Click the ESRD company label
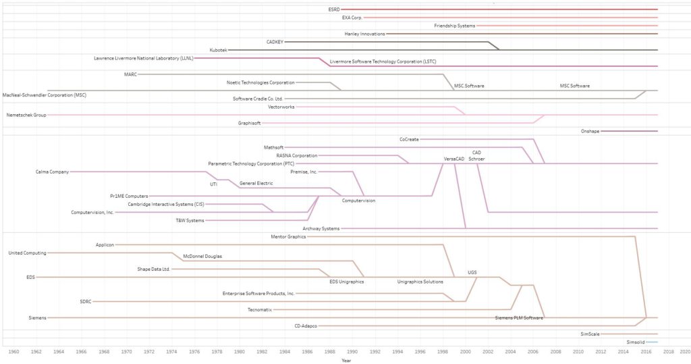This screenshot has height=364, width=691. click(x=333, y=9)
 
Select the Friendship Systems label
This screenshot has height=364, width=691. click(x=454, y=26)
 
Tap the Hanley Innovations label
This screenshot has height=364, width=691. click(x=364, y=34)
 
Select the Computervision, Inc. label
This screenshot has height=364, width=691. click(x=92, y=212)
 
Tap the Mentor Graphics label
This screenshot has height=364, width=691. click(x=288, y=237)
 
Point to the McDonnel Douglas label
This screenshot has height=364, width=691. click(x=202, y=257)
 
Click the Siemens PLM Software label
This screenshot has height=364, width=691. click(x=519, y=317)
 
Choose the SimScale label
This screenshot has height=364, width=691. click(x=590, y=334)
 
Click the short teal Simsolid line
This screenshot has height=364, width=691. click(x=652, y=342)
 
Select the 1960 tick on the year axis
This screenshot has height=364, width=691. click(x=13, y=352)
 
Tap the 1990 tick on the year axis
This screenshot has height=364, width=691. click(x=353, y=352)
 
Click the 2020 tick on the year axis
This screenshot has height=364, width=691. click(x=684, y=352)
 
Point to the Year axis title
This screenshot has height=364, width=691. click(x=345, y=361)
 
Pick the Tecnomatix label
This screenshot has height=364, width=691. click(x=260, y=309)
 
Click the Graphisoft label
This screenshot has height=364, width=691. click(x=249, y=124)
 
